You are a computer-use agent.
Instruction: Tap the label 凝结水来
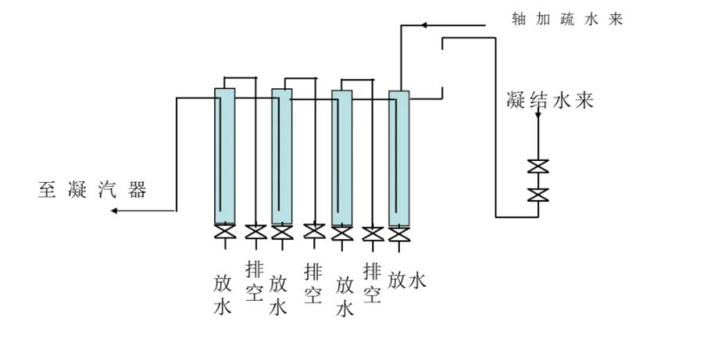(x=549, y=101)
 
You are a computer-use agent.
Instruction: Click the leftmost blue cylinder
(x=224, y=156)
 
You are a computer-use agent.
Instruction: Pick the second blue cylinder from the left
(x=281, y=156)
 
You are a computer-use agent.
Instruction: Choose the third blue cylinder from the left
(x=341, y=156)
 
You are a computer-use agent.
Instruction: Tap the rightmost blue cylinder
(x=399, y=156)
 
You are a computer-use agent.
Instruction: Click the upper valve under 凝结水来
(x=538, y=166)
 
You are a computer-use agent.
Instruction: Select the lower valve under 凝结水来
(x=538, y=194)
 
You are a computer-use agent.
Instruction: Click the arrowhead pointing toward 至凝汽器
(x=115, y=210)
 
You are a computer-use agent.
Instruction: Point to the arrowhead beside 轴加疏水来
(x=424, y=25)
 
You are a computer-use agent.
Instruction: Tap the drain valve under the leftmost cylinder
(x=224, y=232)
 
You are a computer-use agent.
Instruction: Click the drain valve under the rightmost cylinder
(x=399, y=233)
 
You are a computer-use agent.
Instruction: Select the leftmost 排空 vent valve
(x=256, y=232)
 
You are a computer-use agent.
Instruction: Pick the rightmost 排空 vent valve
(x=373, y=233)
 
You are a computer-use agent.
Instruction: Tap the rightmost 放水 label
(x=406, y=280)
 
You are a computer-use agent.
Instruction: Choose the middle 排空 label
(x=313, y=283)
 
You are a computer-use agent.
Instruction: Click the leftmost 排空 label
(x=255, y=281)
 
